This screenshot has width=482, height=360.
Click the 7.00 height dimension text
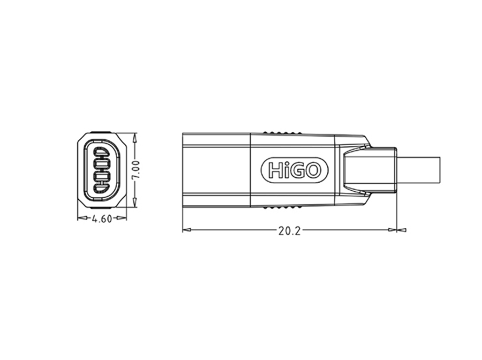(135, 170)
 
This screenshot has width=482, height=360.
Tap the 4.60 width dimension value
(102, 218)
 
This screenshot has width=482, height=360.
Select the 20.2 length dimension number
(289, 231)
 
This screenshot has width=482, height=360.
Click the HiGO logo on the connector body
(294, 169)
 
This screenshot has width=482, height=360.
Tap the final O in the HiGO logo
(313, 170)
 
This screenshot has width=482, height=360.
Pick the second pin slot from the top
(102, 164)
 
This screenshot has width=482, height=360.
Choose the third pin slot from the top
(102, 177)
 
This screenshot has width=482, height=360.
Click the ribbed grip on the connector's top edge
(282, 132)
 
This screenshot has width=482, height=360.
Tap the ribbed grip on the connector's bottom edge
(282, 207)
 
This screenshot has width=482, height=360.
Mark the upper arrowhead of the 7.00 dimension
(135, 137)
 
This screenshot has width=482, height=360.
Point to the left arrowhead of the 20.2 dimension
(186, 230)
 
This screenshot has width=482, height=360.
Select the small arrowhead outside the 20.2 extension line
(402, 230)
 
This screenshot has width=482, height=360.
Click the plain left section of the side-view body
(216, 170)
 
